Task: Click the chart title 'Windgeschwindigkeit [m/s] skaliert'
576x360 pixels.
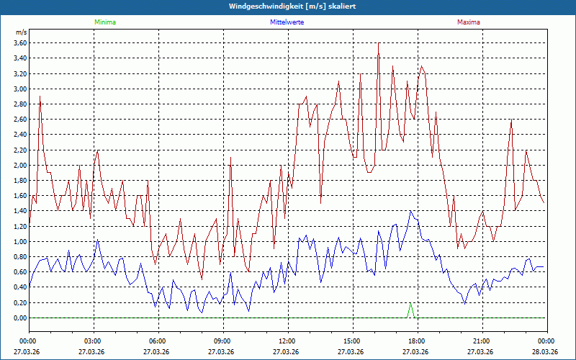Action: coord(288,6)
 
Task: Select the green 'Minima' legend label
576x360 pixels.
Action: coord(104,22)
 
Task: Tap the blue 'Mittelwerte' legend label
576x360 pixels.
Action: coord(287,22)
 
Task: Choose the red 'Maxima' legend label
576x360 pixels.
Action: coord(468,22)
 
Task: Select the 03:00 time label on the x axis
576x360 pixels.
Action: coord(93,341)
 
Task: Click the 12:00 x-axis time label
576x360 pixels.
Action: coord(287,341)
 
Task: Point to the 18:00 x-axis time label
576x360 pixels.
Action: coord(416,341)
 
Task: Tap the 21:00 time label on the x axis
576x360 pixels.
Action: coord(481,341)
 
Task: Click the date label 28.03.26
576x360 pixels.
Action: coord(545,352)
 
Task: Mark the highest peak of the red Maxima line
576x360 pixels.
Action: coord(378,44)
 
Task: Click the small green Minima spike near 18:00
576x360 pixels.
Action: coord(410,305)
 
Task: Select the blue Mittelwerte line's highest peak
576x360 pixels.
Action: coord(410,211)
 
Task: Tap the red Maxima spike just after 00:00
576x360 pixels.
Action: coord(40,96)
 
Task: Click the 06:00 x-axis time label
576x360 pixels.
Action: coord(158,341)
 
